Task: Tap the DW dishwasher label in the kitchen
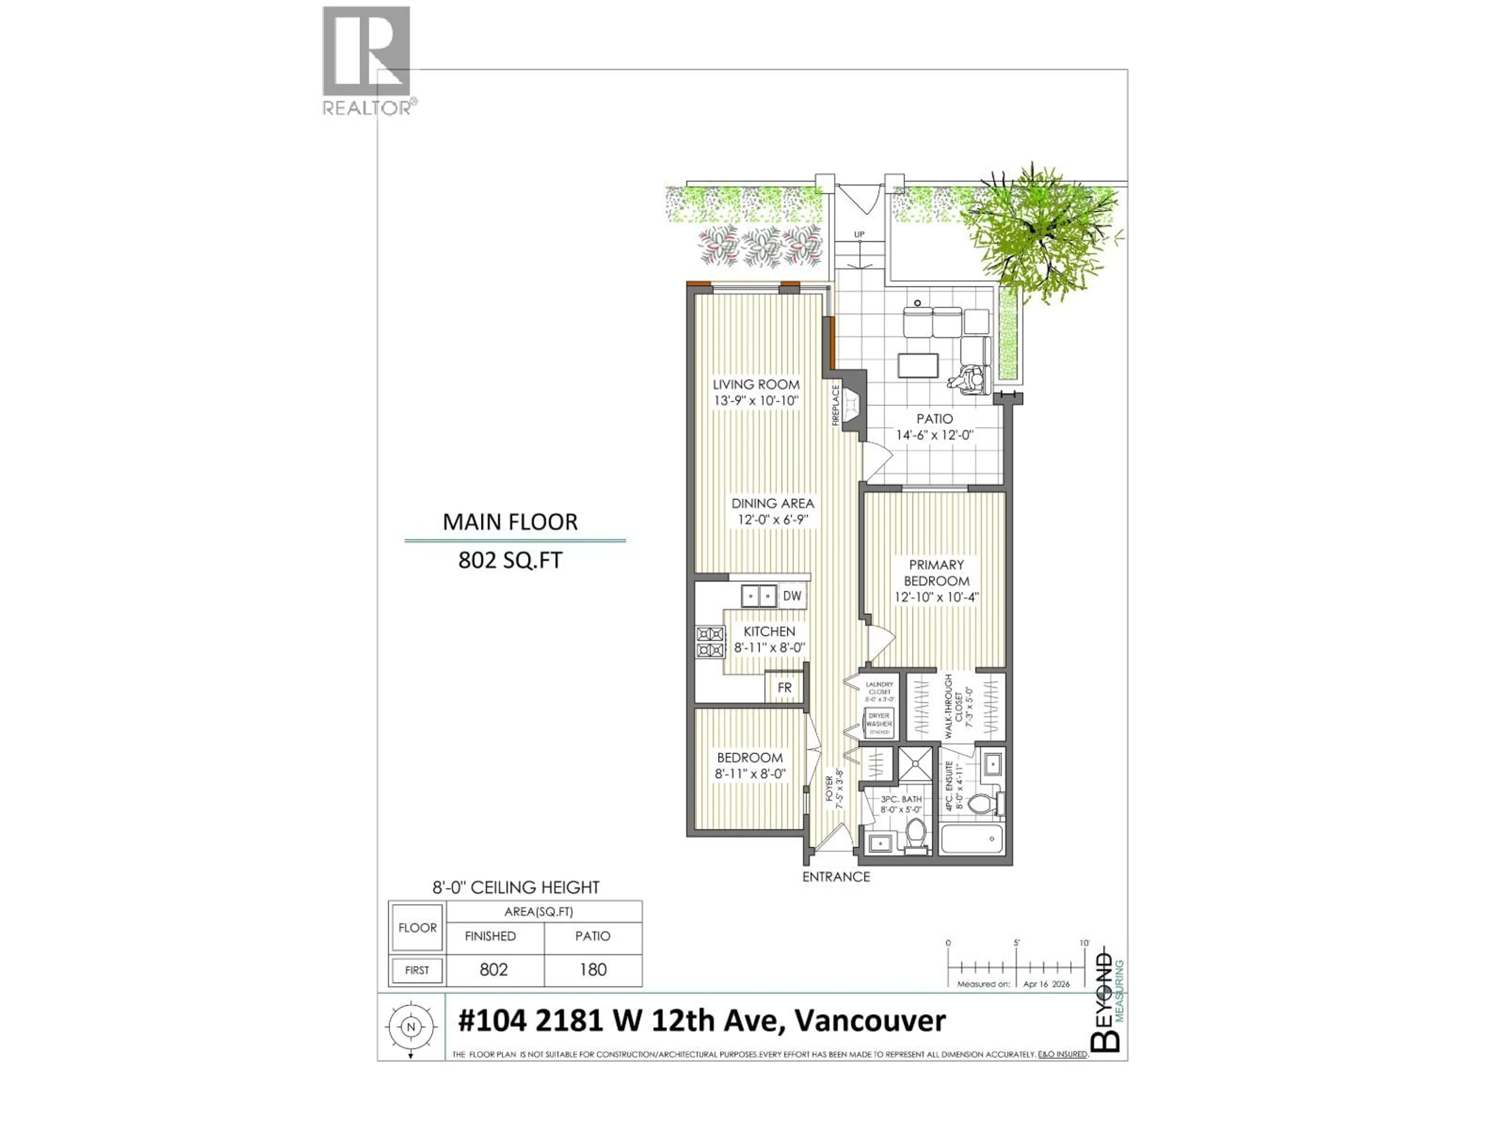pos(792,596)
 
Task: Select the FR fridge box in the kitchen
pos(784,688)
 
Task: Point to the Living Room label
pos(756,385)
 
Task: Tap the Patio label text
pos(934,419)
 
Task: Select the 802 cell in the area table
pos(494,969)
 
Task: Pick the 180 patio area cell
pos(592,969)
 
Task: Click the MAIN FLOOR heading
pos(510,522)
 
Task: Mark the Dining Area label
pos(772,504)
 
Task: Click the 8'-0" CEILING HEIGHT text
pos(516,888)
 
